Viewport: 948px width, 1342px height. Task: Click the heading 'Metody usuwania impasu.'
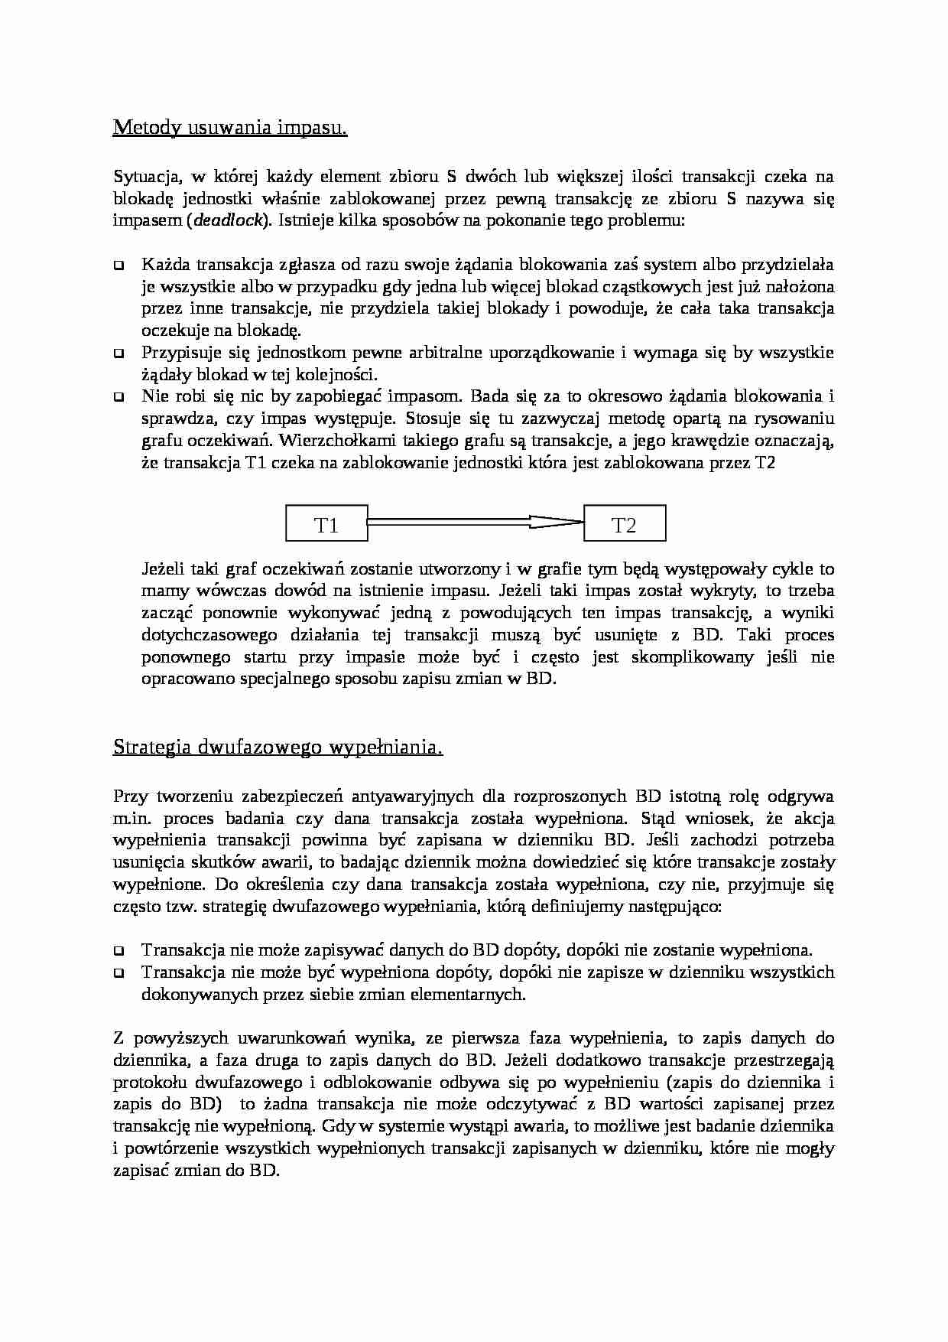click(x=230, y=127)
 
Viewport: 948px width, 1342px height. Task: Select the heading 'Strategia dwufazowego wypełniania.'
click(x=278, y=747)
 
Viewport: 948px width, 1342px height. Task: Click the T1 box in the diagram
click(x=326, y=525)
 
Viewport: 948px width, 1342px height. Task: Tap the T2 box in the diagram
click(x=624, y=525)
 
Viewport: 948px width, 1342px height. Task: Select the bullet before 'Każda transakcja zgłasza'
click(x=119, y=266)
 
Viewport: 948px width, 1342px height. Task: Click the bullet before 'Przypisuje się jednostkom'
click(x=119, y=354)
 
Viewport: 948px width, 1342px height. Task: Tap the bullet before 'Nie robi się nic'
click(x=119, y=398)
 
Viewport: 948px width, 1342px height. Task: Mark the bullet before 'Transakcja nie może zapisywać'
click(x=119, y=951)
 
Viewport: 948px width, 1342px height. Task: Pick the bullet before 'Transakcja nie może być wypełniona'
click(x=119, y=973)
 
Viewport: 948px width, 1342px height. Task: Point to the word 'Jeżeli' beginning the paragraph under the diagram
click(x=163, y=569)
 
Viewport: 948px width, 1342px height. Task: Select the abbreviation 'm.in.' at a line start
click(x=132, y=819)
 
